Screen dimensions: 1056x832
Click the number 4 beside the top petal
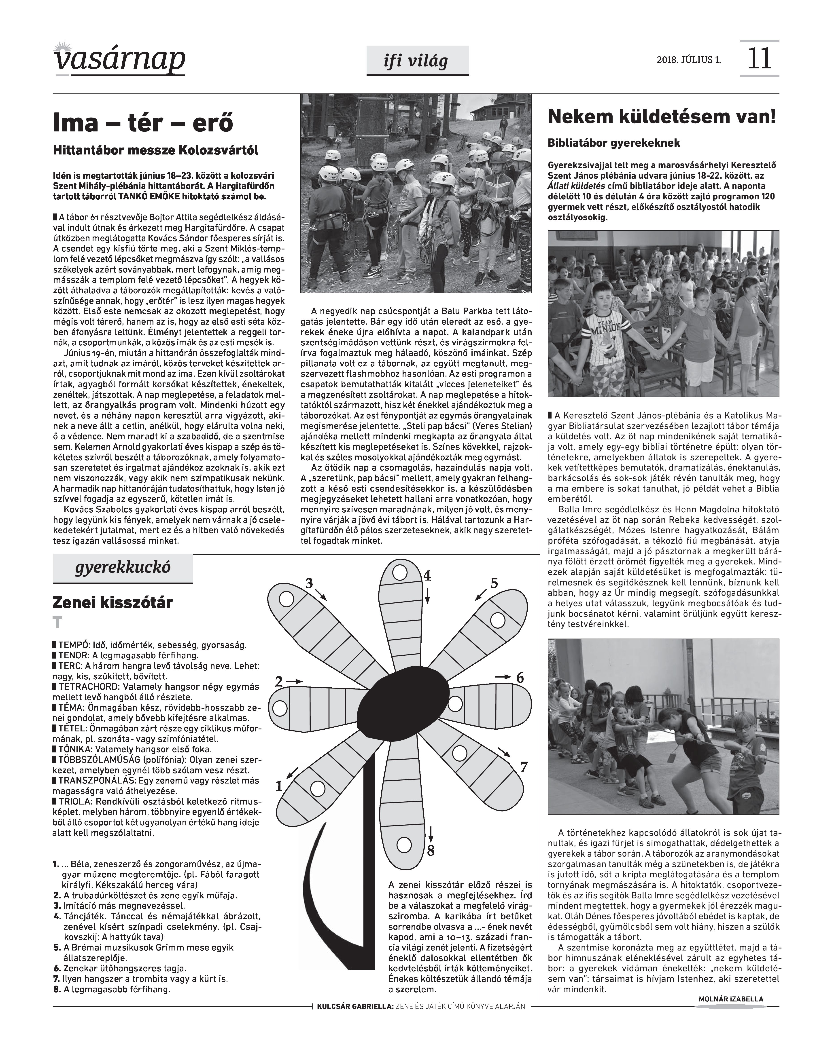coord(427,576)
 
